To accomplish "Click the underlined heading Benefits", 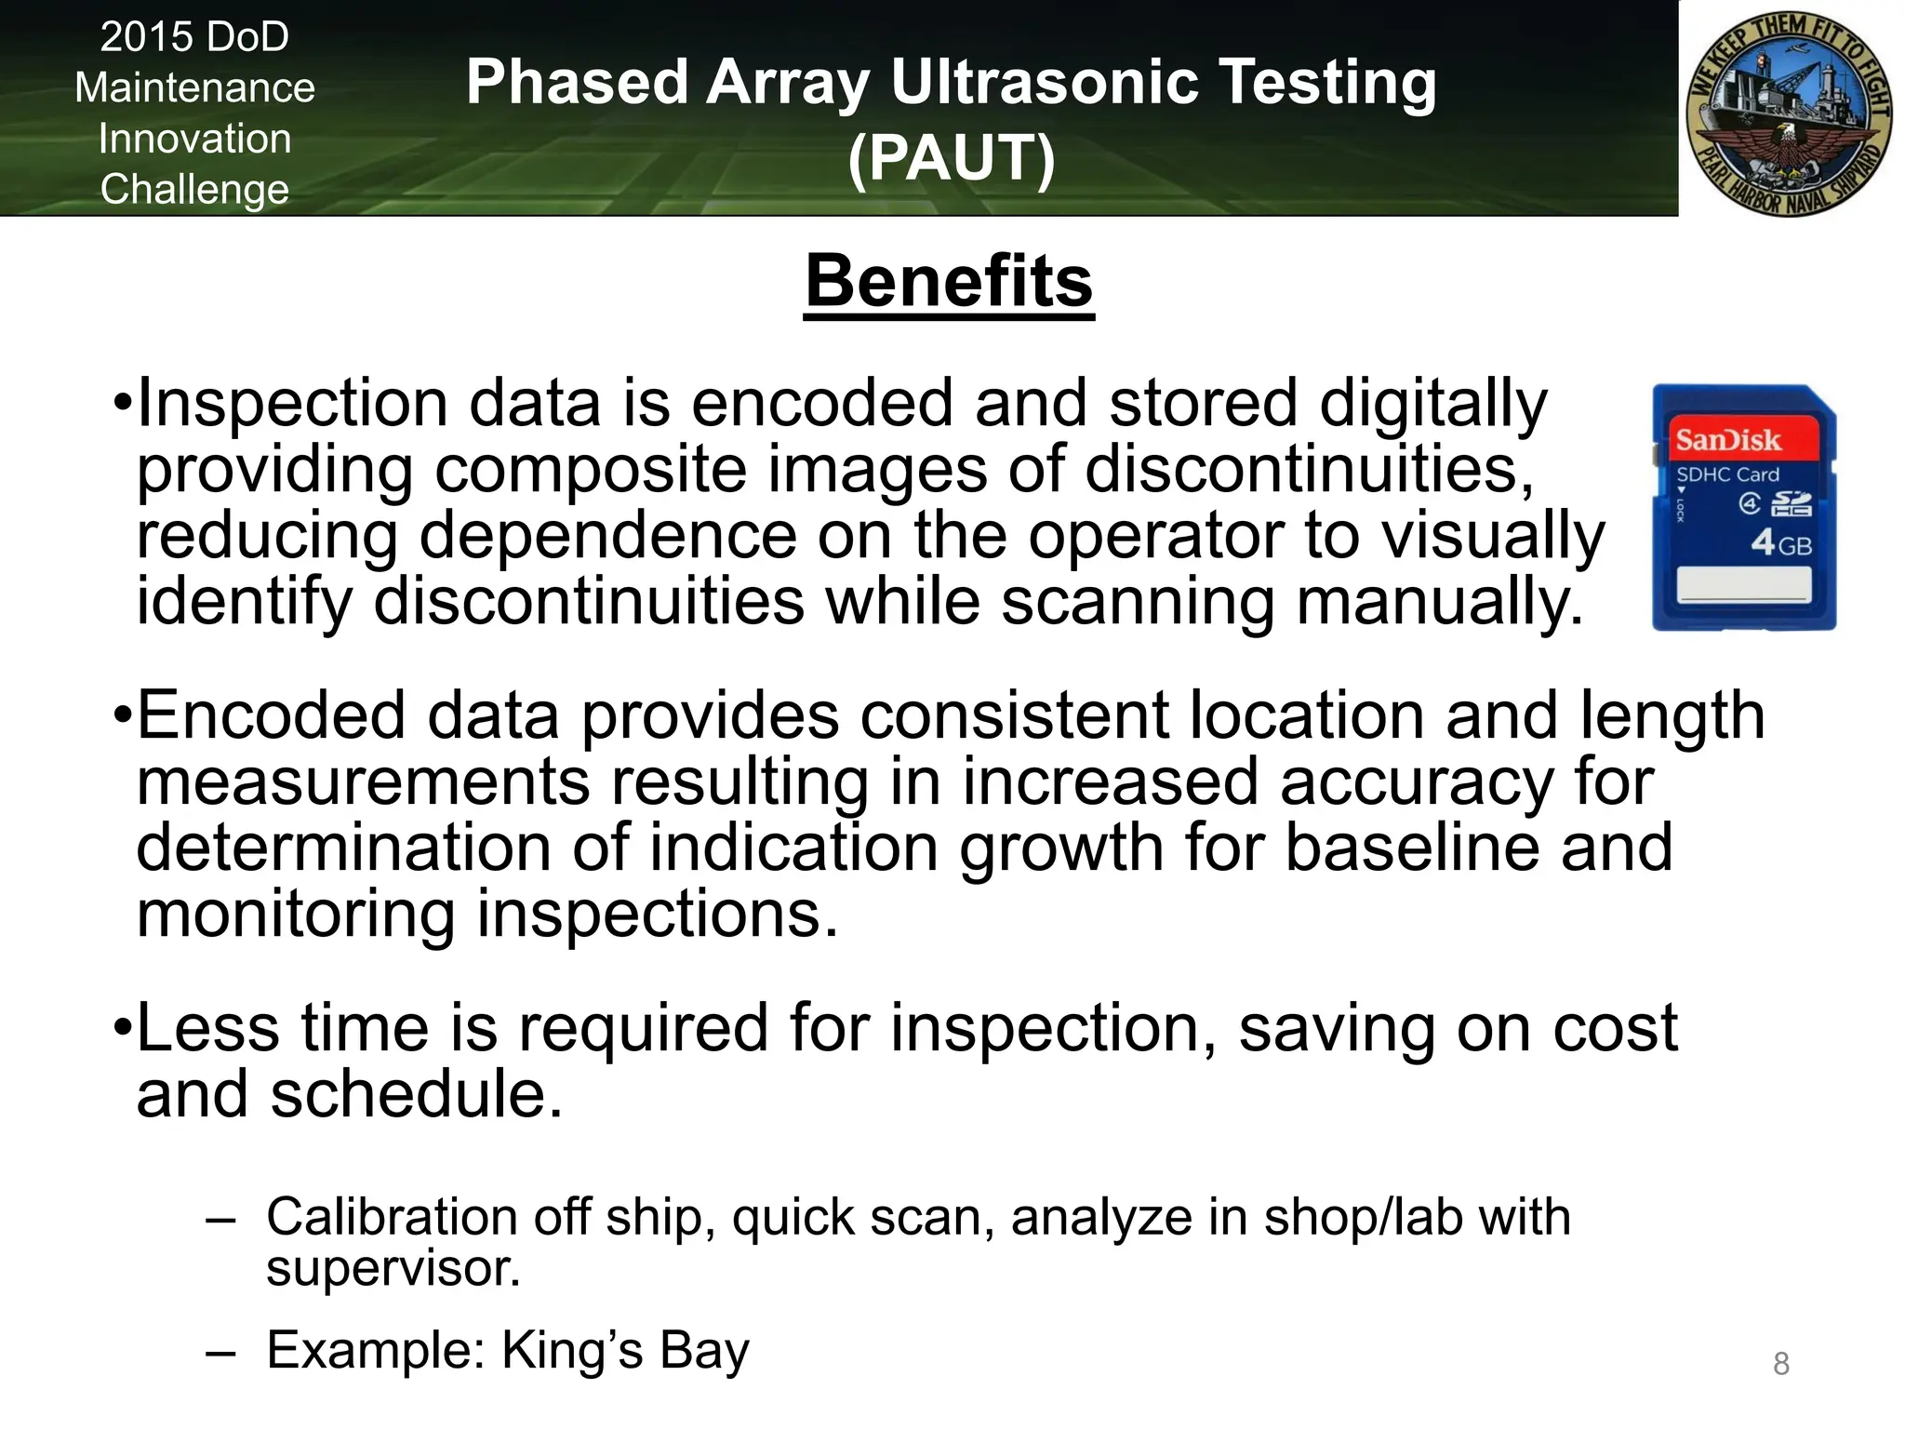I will pyautogui.click(x=949, y=282).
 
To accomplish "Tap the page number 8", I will pyautogui.click(x=1780, y=1364).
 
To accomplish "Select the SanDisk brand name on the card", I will pyautogui.click(x=1727, y=440).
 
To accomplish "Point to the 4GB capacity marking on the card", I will pyautogui.click(x=1780, y=542).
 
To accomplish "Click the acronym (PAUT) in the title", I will pyautogui.click(x=951, y=157).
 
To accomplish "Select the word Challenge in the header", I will pyautogui.click(x=194, y=190).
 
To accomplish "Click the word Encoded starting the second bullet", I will pyautogui.click(x=271, y=716).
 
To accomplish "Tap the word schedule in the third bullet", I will pyautogui.click(x=416, y=1094).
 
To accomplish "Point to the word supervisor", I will pyautogui.click(x=393, y=1269).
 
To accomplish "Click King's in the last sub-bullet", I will pyautogui.click(x=572, y=1351).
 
